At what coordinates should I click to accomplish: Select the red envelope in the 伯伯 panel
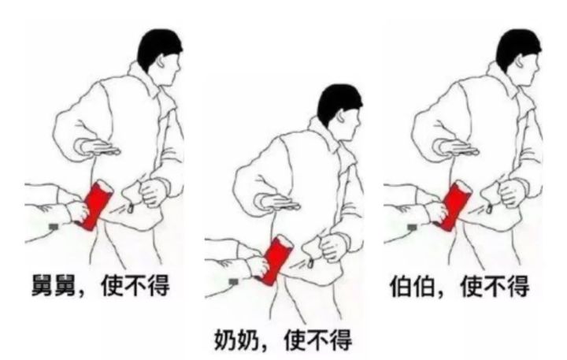coord(454,206)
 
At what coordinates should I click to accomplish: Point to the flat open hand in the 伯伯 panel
coord(458,147)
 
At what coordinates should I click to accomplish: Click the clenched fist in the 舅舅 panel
coord(154,191)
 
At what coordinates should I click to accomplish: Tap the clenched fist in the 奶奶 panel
coord(334,247)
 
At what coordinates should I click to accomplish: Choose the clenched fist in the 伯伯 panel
coord(512,191)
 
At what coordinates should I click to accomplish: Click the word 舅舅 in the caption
coord(54,286)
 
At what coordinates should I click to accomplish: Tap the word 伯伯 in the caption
coord(412,286)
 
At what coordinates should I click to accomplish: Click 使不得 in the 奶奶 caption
coord(318,340)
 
